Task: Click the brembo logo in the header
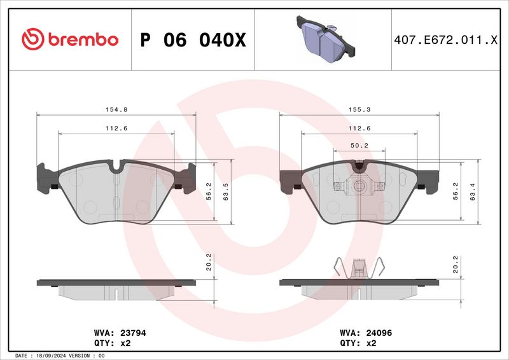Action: click(x=70, y=39)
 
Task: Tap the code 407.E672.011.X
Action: click(x=445, y=40)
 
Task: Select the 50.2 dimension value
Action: click(x=359, y=145)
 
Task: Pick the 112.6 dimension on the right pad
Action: click(x=359, y=128)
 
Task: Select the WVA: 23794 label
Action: click(x=120, y=333)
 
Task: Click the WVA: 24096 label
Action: click(x=363, y=333)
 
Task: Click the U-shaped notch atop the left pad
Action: click(x=116, y=167)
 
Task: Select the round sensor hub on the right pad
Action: click(x=359, y=186)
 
